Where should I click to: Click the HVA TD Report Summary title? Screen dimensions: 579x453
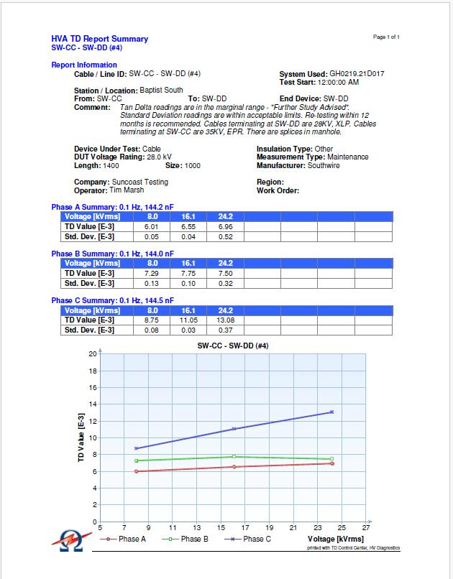(x=100, y=39)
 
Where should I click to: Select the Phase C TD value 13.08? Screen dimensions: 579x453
(x=226, y=320)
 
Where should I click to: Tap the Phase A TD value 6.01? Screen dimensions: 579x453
(x=152, y=226)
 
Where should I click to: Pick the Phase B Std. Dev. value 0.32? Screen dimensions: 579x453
(x=226, y=283)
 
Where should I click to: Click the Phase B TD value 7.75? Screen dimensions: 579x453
(x=189, y=273)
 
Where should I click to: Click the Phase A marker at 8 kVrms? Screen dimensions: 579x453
(x=136, y=471)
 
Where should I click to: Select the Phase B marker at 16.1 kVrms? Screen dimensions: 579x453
(x=234, y=456)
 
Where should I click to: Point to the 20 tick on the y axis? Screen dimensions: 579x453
(x=93, y=353)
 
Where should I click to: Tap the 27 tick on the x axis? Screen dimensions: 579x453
(x=367, y=528)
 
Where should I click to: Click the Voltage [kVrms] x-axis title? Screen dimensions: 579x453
(x=335, y=539)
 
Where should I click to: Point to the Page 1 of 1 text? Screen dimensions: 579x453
(x=387, y=37)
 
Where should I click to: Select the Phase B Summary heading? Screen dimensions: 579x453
(x=112, y=254)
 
